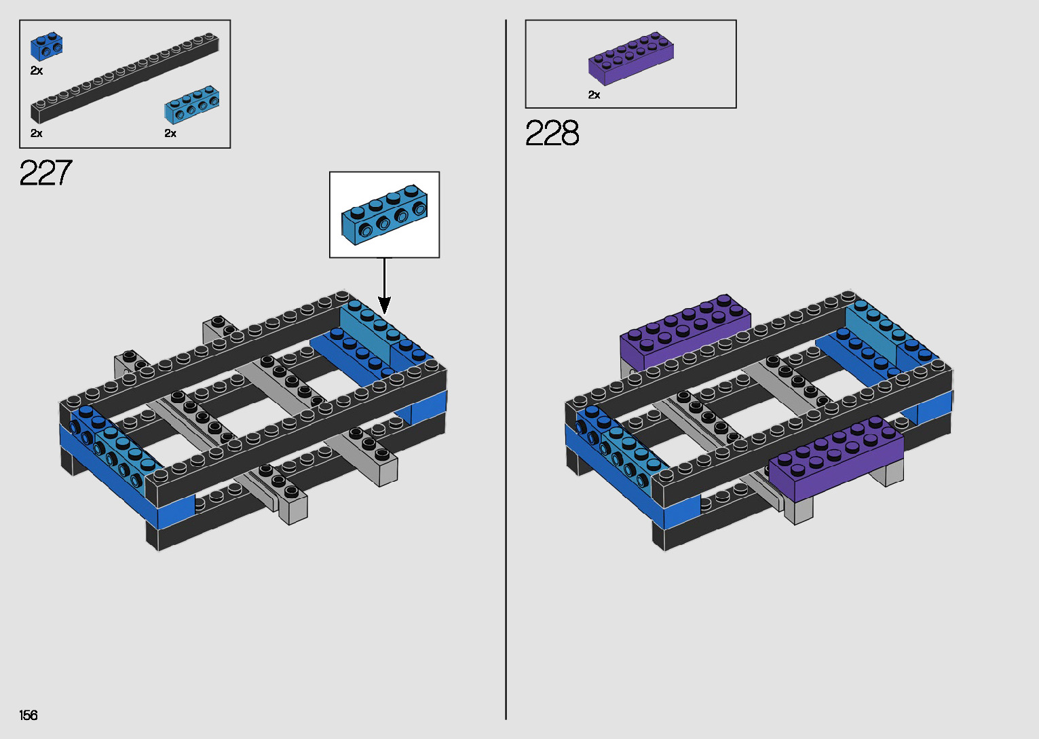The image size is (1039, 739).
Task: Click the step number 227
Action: pyautogui.click(x=45, y=173)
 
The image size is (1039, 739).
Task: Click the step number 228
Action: pyautogui.click(x=552, y=133)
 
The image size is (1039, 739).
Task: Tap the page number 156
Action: pyautogui.click(x=29, y=715)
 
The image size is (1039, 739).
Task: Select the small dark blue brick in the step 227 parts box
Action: pyautogui.click(x=46, y=47)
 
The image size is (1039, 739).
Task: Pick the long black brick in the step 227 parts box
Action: pyautogui.click(x=125, y=77)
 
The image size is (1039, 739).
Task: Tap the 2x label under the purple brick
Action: pyautogui.click(x=594, y=95)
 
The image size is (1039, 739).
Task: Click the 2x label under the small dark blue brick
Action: pyautogui.click(x=37, y=71)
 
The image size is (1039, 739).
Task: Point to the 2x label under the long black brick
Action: pyautogui.click(x=37, y=134)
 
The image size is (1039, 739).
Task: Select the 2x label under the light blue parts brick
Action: pyautogui.click(x=170, y=134)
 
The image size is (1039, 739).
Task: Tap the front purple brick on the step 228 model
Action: pyautogui.click(x=835, y=458)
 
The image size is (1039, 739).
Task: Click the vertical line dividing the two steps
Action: pyautogui.click(x=506, y=369)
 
